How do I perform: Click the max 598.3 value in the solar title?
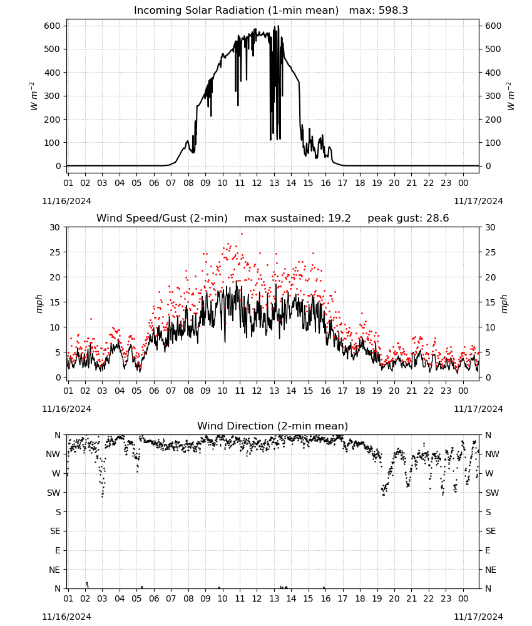click(x=379, y=11)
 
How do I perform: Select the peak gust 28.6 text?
click(x=408, y=218)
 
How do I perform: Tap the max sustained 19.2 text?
click(x=297, y=218)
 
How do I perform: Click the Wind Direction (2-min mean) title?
click(x=273, y=426)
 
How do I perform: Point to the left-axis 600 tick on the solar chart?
click(x=53, y=26)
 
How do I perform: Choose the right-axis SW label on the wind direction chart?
click(x=492, y=493)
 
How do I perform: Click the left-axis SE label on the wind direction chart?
click(x=55, y=531)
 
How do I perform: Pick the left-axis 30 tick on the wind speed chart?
click(x=54, y=228)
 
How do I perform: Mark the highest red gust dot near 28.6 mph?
click(x=242, y=233)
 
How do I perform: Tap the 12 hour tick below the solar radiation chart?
click(x=257, y=183)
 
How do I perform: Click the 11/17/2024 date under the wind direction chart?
click(x=478, y=617)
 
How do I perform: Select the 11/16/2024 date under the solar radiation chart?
click(x=66, y=201)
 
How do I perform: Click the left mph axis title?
click(x=39, y=304)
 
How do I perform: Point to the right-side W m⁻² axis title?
click(x=511, y=96)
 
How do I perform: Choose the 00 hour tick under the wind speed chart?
click(x=463, y=391)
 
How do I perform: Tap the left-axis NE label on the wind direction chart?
click(x=54, y=570)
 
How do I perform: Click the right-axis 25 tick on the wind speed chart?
click(x=491, y=253)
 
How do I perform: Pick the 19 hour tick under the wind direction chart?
click(x=377, y=599)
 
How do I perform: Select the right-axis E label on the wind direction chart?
click(x=488, y=550)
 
